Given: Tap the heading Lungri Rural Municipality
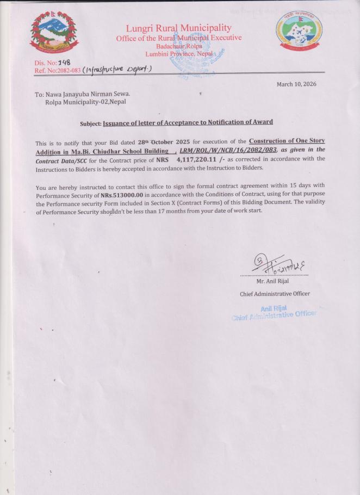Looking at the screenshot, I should (178, 28).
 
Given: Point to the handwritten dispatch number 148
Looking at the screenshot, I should (64, 63).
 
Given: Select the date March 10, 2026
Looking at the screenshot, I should (296, 84).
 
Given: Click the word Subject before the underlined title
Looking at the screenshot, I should (90, 123).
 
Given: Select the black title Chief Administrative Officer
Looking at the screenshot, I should (275, 294).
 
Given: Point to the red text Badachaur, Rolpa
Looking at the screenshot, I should (179, 46).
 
